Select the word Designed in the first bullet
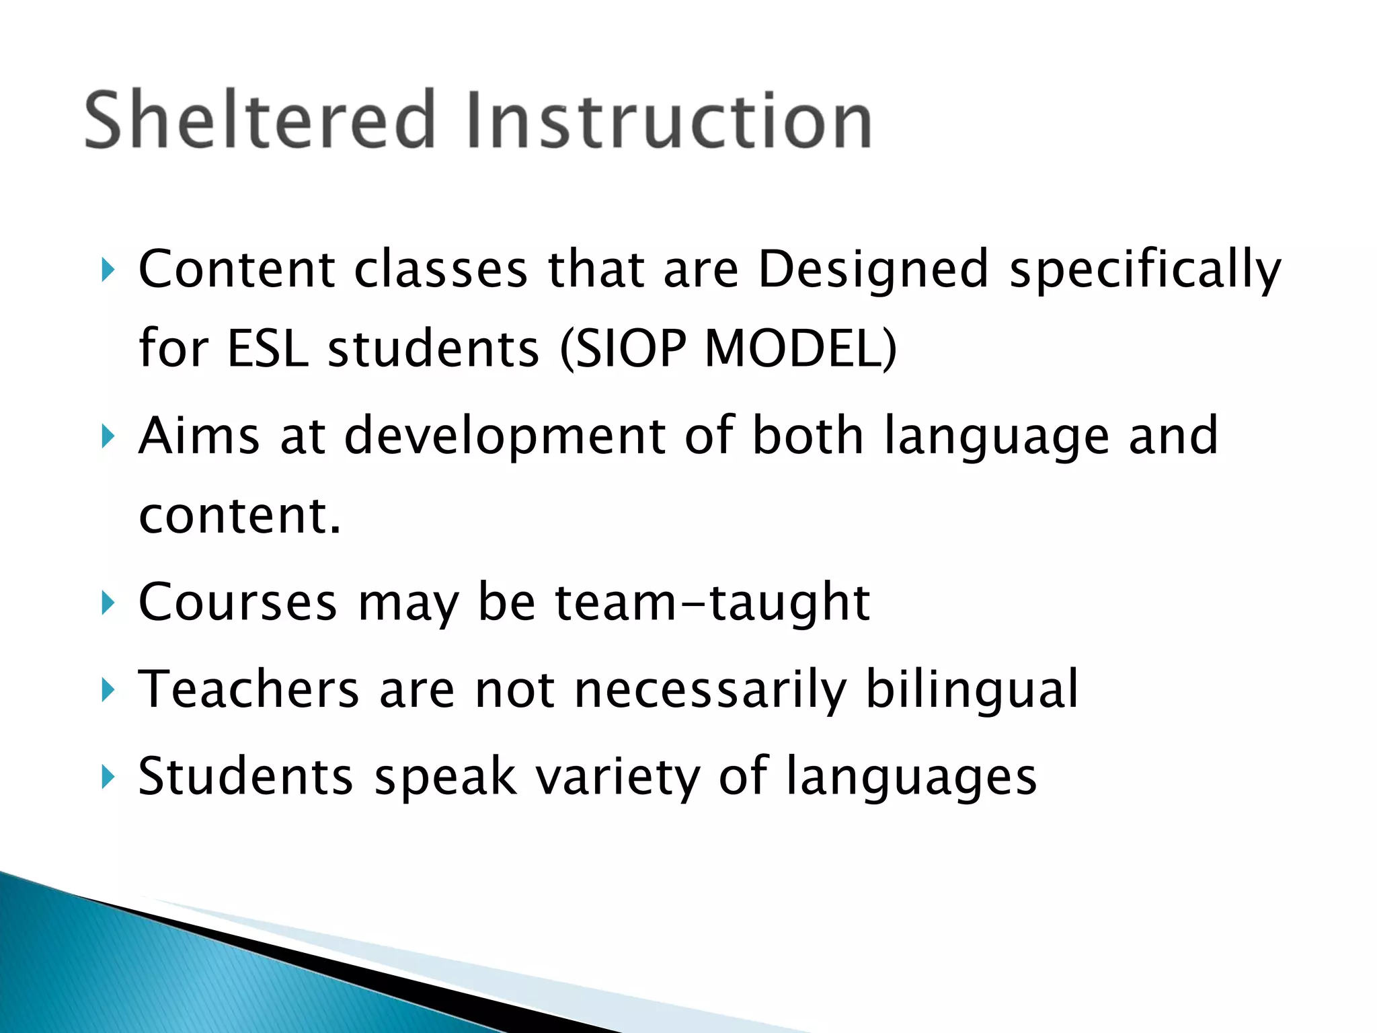(873, 270)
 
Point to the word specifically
(1146, 270)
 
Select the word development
(505, 436)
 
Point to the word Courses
(237, 602)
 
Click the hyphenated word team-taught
(712, 602)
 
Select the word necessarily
(710, 689)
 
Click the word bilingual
(972, 689)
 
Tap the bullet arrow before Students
(107, 777)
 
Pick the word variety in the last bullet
(617, 777)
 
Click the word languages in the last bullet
(911, 777)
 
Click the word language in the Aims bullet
(996, 436)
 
